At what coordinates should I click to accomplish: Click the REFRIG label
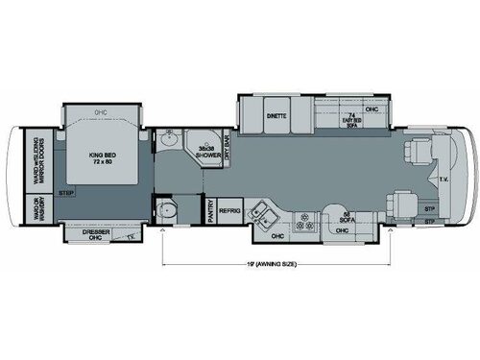[229, 211]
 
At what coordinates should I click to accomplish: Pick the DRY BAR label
[228, 153]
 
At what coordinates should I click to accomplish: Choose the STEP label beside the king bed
[66, 195]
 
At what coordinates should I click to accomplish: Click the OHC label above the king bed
[100, 111]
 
